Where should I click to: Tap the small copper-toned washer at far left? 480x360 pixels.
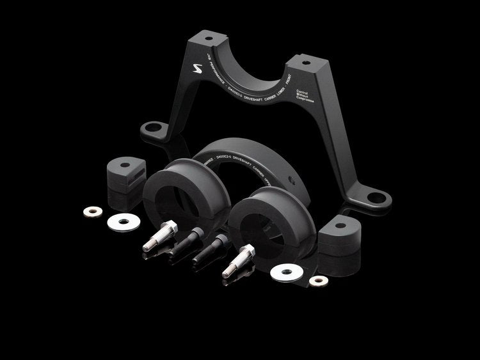point(92,212)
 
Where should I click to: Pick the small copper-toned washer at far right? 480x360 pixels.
point(317,281)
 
